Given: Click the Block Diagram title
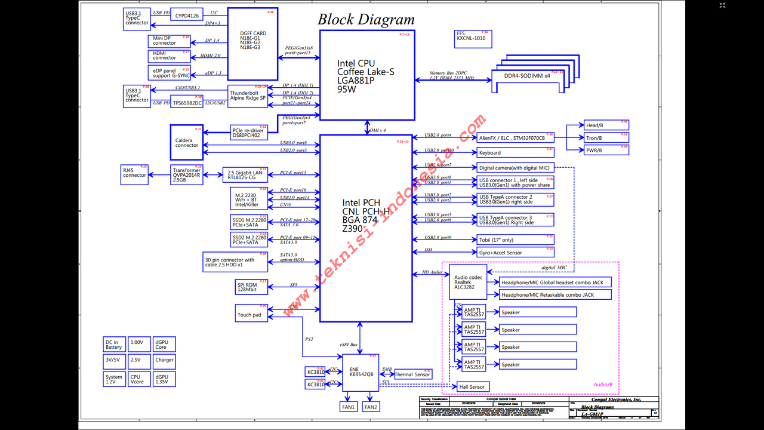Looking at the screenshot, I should pos(366,19).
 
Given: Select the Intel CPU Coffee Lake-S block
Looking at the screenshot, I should pos(367,76).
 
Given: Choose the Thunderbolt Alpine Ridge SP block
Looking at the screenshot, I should pos(248,96).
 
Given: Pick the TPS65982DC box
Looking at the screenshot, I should pos(187,103).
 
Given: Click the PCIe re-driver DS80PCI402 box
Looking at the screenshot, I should pos(248,133).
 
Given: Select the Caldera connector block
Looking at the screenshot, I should pos(187,143).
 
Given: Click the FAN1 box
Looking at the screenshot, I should pos(349,407).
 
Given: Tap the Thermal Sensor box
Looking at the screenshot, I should pos(413,374).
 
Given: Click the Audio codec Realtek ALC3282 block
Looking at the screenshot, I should pos(469,282).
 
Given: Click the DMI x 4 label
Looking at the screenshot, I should pos(378,130).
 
